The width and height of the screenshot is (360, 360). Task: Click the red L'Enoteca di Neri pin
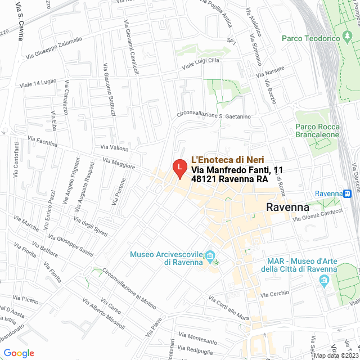[179, 168]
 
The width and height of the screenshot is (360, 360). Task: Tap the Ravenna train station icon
[348, 193]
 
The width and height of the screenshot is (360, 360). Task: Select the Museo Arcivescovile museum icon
[210, 256]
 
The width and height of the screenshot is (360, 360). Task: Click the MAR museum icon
[323, 283]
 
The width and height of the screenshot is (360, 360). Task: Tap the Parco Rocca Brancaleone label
[317, 130]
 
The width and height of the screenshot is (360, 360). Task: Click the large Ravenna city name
[287, 207]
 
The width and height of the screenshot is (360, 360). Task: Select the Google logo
[18, 353]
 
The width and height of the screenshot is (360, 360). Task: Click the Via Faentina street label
[42, 141]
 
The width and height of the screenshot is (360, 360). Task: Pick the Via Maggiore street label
[119, 163]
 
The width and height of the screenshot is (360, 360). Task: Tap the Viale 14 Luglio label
[38, 83]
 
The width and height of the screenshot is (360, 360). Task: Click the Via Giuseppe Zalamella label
[54, 48]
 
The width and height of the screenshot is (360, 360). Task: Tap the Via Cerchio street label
[275, 293]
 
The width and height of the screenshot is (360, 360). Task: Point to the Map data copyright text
[336, 355]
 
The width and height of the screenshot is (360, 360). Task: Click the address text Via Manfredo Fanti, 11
[237, 170]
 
